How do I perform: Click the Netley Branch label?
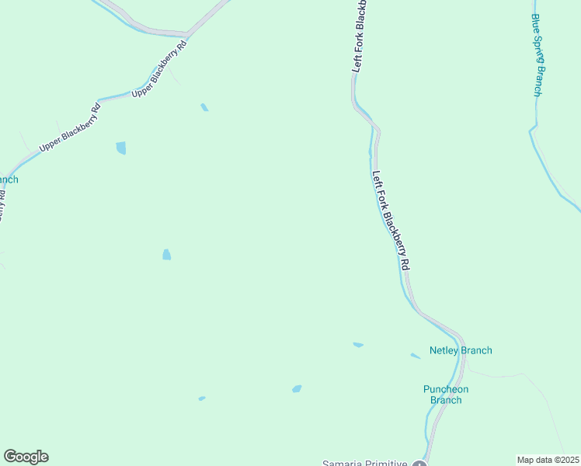461,350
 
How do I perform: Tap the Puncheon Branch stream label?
446,395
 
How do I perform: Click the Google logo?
26,457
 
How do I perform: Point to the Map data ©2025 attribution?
548,460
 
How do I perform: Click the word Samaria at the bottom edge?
345,464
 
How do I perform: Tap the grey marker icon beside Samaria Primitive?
419,464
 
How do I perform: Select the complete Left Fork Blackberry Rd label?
391,221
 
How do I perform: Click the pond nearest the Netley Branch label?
416,356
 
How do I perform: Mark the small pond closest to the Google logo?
202,398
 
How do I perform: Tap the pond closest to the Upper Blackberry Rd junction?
204,107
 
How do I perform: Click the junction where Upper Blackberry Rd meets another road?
187,34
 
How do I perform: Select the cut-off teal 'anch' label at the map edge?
9,179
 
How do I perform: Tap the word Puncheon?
446,389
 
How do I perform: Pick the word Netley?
444,350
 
